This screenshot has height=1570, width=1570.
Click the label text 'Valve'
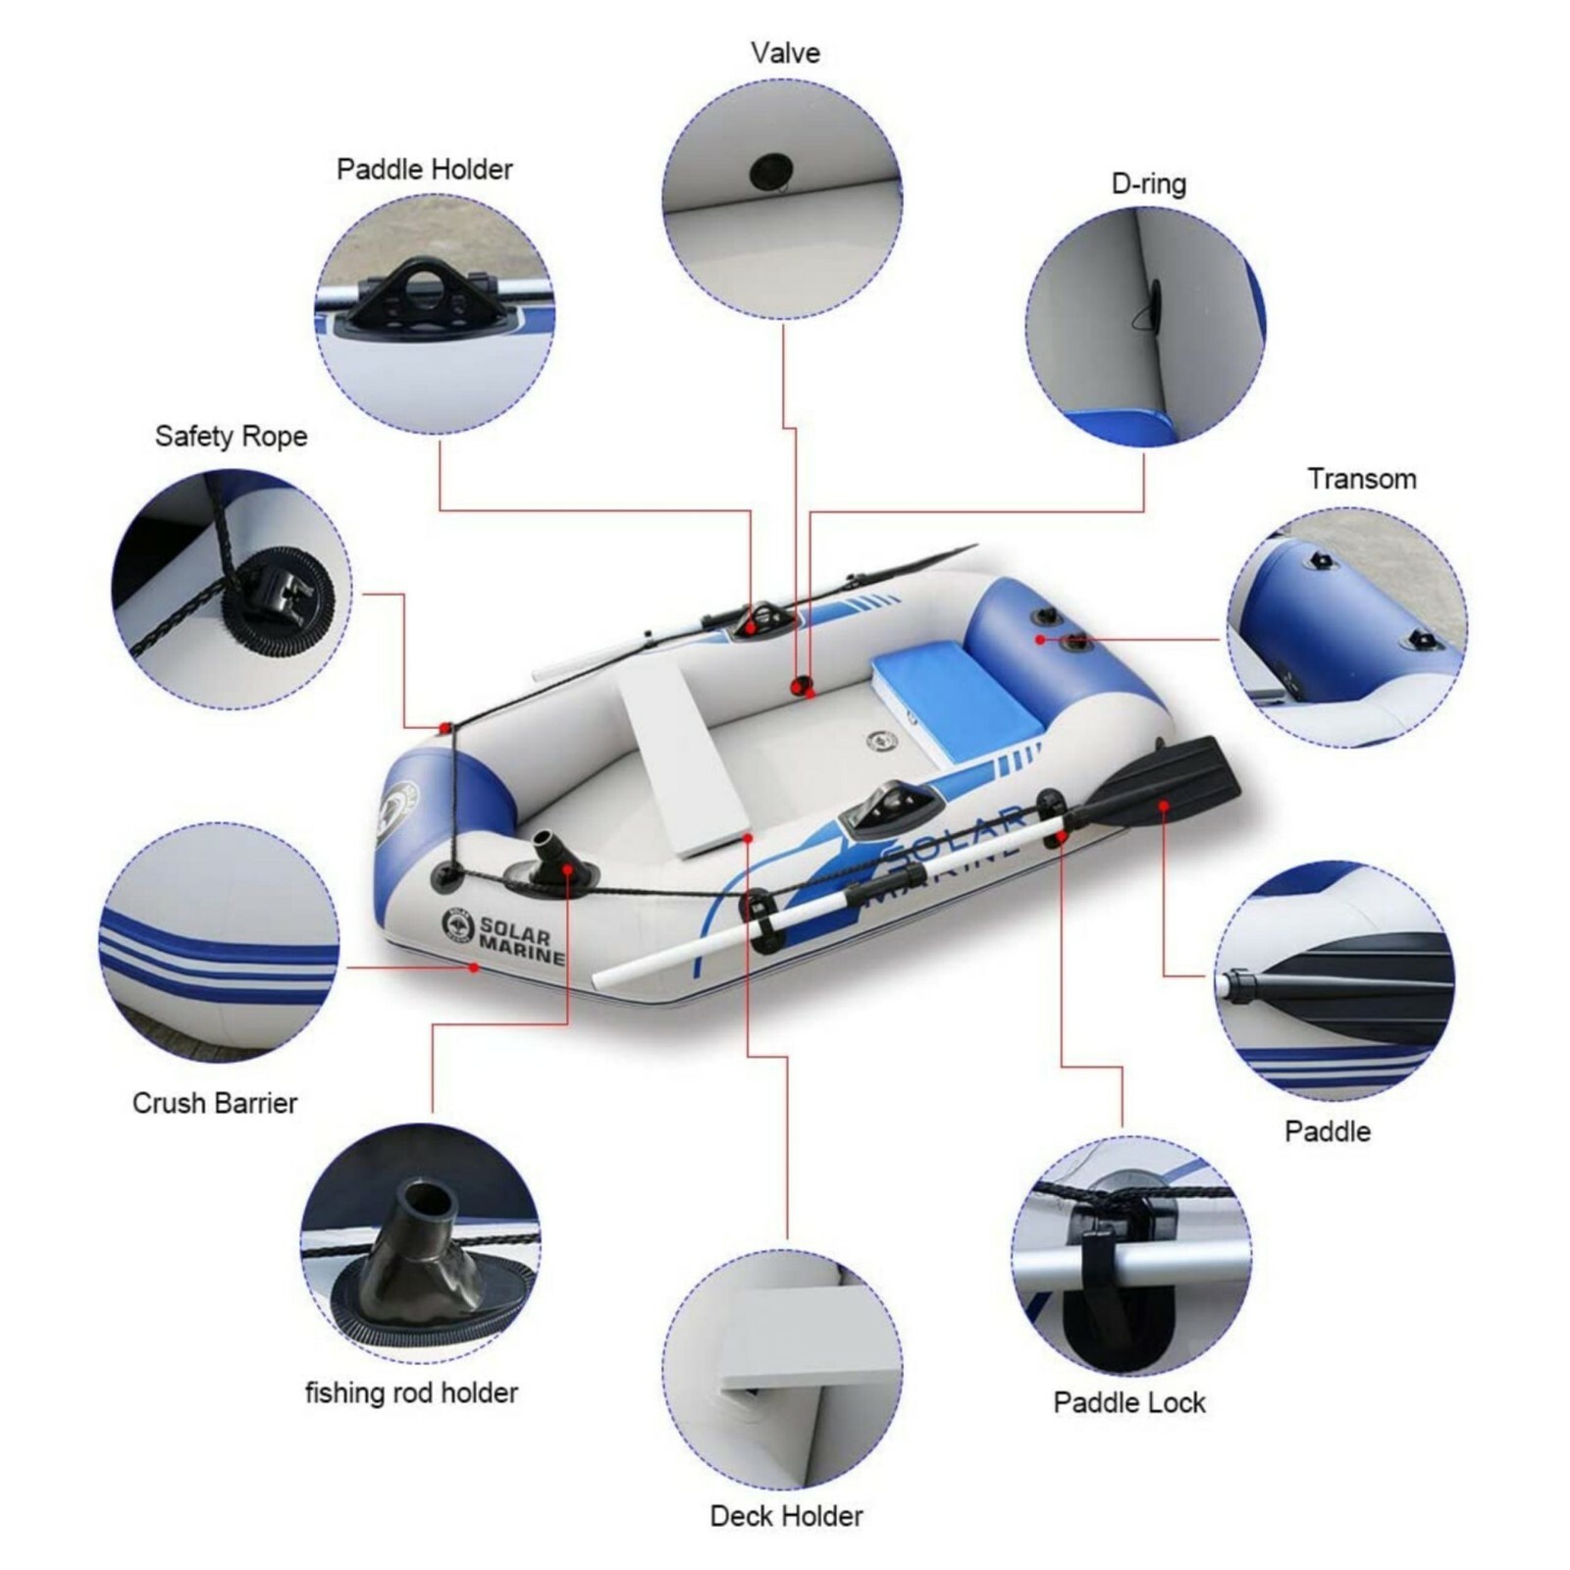[785, 53]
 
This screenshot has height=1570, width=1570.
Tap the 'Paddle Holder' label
[424, 170]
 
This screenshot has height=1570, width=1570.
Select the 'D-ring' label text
[1148, 184]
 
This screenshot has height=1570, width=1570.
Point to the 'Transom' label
[1361, 479]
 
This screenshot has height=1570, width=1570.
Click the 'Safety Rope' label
[231, 437]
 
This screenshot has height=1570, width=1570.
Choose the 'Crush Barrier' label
[214, 1103]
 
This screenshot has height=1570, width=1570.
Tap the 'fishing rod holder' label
[411, 1392]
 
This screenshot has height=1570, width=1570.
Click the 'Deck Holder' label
[786, 1516]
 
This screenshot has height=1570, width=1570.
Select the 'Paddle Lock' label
[1128, 1402]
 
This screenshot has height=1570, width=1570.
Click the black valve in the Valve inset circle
[770, 173]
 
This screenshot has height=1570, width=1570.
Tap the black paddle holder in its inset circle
[426, 294]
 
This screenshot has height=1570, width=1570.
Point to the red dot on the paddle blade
[1163, 806]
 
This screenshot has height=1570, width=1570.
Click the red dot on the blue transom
[1040, 640]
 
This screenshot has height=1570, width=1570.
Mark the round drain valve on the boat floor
[880, 741]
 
